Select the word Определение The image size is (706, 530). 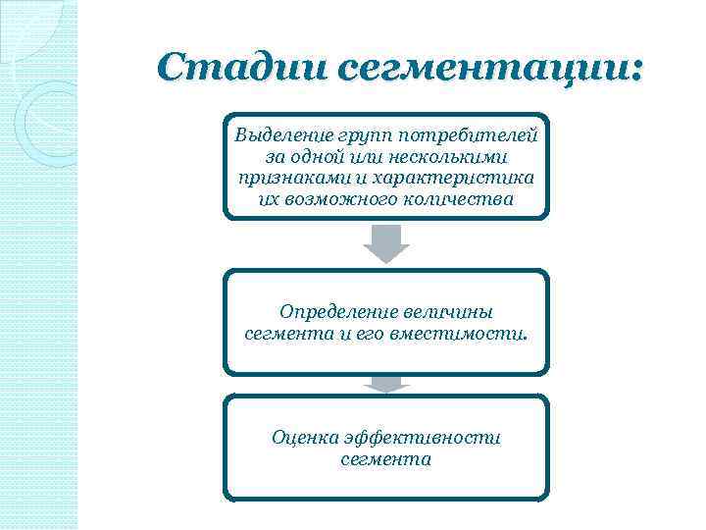tap(337, 312)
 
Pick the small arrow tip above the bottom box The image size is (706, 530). tap(386, 386)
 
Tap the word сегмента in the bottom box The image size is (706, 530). tap(386, 459)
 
